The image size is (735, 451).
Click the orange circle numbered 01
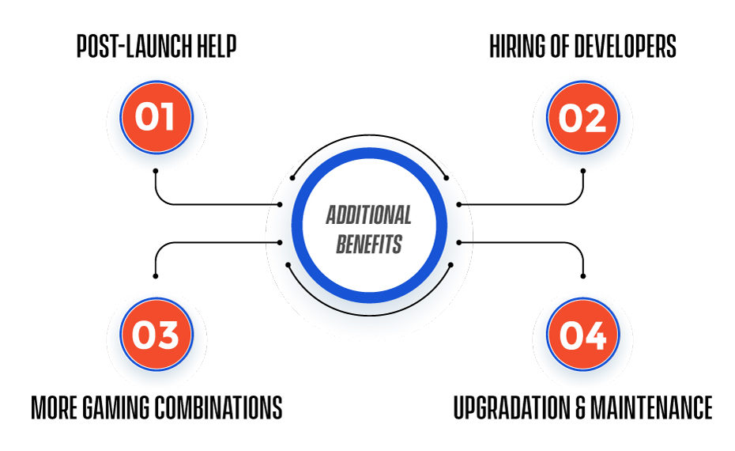coord(156,117)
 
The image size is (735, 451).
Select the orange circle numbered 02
coord(582,117)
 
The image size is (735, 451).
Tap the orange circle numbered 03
coord(156,334)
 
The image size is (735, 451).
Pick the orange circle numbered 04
coord(582,334)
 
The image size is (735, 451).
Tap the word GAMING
coord(116,407)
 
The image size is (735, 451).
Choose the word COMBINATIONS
coord(219,407)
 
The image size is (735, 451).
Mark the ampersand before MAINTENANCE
coord(580,407)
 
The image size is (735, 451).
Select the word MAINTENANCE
coord(651,407)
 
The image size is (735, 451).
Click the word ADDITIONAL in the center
coord(369,215)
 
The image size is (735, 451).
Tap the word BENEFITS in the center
coord(369,244)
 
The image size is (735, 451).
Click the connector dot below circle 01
coord(156,171)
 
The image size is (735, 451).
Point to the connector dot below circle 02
coord(583,171)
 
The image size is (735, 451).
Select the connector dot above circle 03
coord(156,276)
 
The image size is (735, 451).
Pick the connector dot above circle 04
coord(583,276)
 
